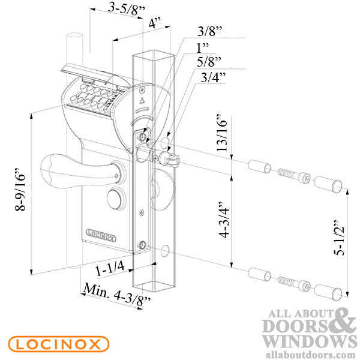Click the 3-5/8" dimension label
pos(126,10)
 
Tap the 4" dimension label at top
pos(155,23)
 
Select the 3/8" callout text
pos(210,31)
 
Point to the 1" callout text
pos(203,47)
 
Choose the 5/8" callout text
pos(209,62)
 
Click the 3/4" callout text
pos(213,77)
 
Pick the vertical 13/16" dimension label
pos(221,133)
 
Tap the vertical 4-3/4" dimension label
pos(224,220)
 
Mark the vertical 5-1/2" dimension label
pos(339,238)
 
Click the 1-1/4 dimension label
pos(110,269)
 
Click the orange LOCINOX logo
pos(58,344)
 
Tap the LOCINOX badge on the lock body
pos(101,235)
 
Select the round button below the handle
pos(116,198)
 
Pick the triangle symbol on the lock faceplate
pos(142,100)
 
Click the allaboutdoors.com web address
pos(311,355)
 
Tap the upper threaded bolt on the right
pos(294,175)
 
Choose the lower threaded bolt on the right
pos(294,284)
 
